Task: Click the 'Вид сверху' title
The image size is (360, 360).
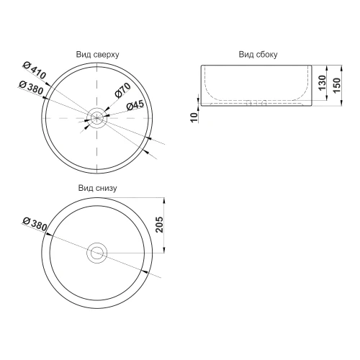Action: [x=97, y=55]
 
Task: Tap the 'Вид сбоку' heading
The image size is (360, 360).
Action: [x=258, y=55]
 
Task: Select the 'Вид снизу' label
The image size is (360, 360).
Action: [x=97, y=188]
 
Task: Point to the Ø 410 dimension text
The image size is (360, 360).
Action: [x=35, y=71]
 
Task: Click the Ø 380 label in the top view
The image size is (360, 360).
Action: [x=32, y=87]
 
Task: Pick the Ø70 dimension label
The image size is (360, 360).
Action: [x=123, y=90]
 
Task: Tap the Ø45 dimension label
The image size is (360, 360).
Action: [x=135, y=105]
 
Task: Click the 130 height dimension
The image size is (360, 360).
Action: [x=323, y=83]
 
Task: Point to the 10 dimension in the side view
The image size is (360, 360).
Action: [x=194, y=117]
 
